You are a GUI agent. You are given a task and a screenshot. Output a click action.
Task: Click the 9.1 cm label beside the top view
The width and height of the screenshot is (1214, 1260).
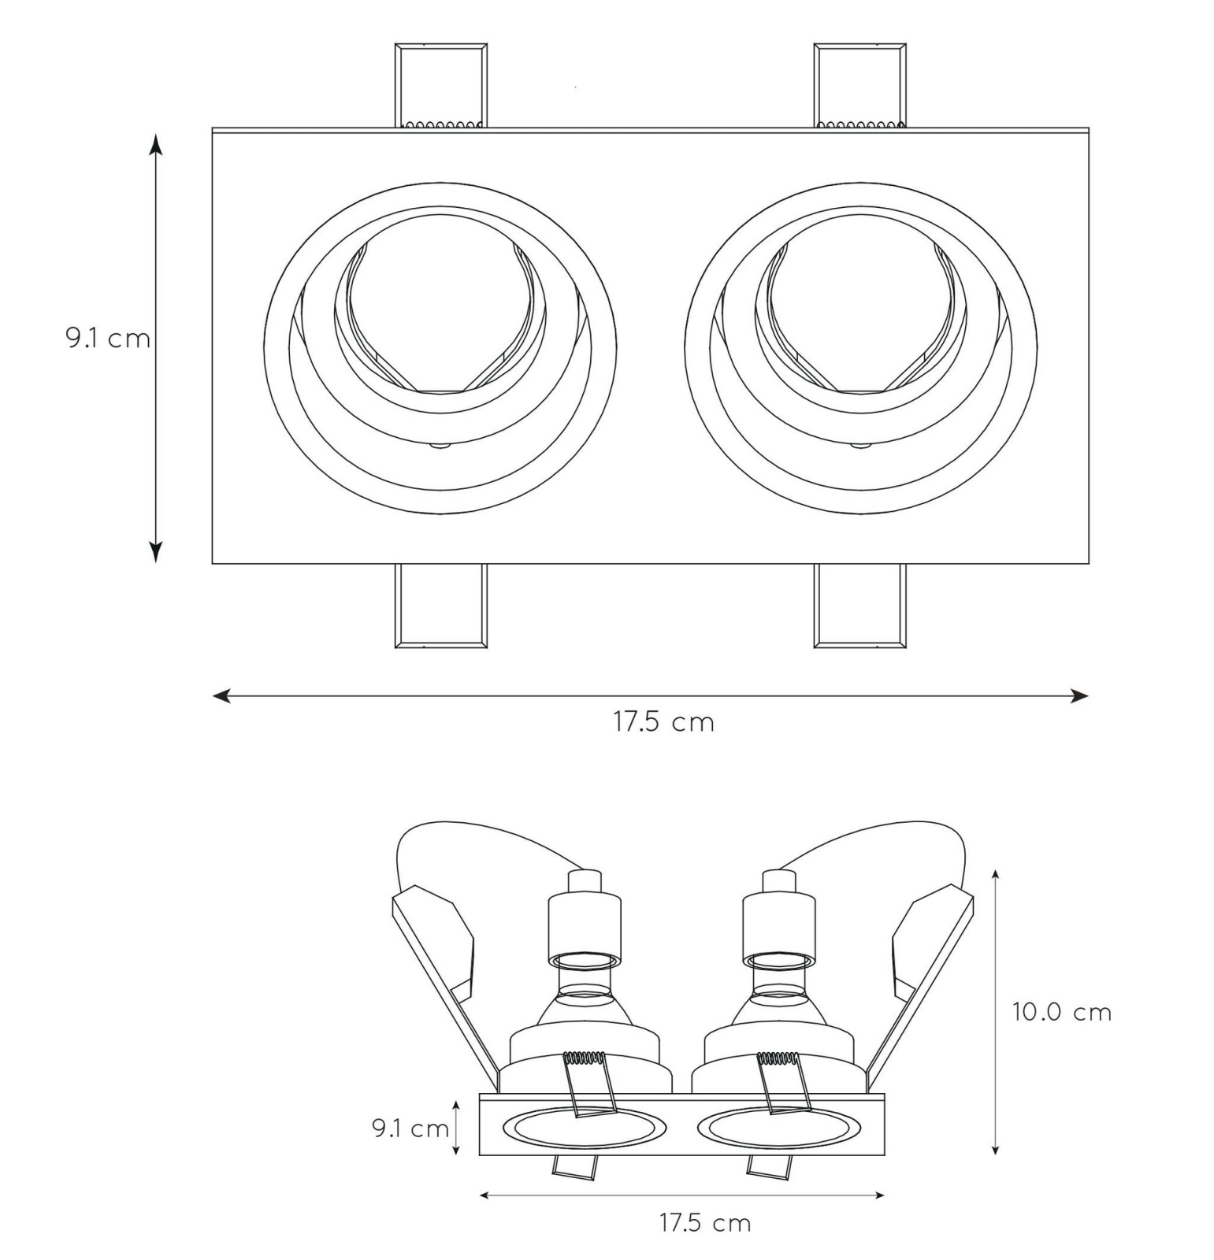point(108,339)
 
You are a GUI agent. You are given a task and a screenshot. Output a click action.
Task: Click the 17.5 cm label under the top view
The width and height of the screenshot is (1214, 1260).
point(663,722)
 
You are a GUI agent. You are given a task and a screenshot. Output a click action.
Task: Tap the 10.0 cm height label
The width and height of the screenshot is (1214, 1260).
point(1062,1012)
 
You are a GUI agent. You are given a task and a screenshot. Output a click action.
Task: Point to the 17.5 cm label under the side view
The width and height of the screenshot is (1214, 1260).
point(705,1223)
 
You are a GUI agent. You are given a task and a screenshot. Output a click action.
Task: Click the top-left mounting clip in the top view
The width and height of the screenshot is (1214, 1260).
point(440,86)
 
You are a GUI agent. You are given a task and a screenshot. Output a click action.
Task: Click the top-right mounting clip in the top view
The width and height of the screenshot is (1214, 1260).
point(859,86)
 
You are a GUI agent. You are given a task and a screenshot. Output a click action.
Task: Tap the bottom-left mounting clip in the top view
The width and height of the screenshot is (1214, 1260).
point(440,606)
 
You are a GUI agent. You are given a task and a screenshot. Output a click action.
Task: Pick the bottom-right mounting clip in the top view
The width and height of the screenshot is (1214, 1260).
point(859,606)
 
